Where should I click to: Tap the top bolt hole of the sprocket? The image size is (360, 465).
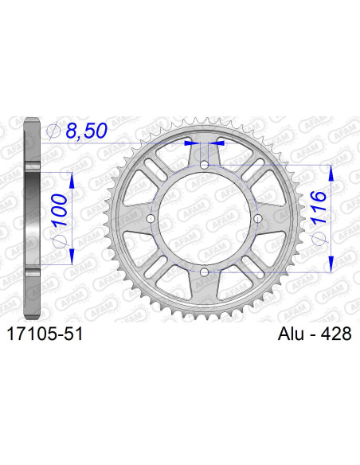tap(205, 165)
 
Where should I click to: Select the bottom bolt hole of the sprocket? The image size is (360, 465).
tap(205, 272)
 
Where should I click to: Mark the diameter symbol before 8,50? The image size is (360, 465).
tap(54, 131)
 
